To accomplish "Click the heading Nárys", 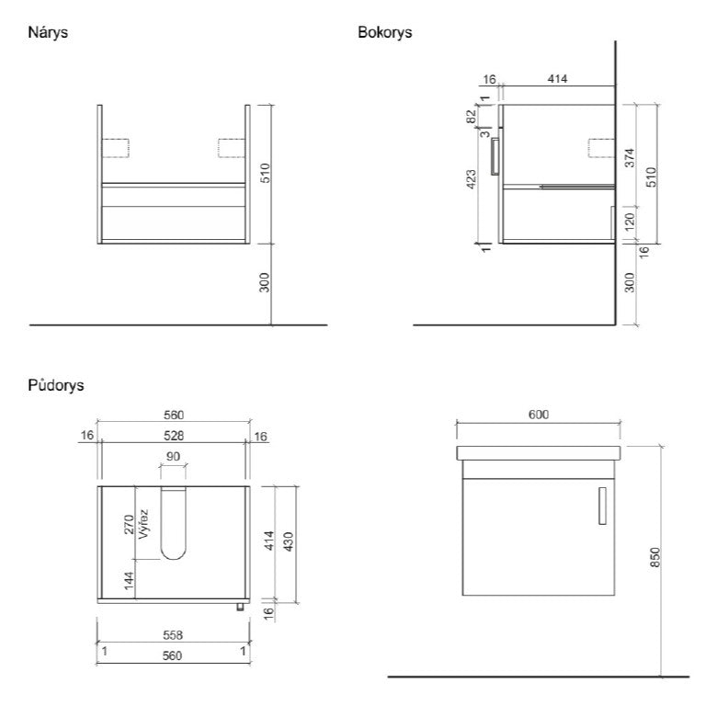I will (x=49, y=32).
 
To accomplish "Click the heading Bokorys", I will (x=383, y=32).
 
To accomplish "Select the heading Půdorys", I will (x=56, y=385).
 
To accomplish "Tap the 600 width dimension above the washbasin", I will (x=539, y=415).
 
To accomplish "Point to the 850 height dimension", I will (x=655, y=558).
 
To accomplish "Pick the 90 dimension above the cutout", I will (x=173, y=456).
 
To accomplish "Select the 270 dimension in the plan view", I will (x=130, y=524).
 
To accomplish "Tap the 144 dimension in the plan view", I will (x=130, y=581).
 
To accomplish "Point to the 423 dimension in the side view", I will (x=472, y=178).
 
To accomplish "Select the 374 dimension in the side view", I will (x=630, y=157).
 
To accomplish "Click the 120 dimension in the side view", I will (x=630, y=222).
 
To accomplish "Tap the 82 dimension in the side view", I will (x=472, y=117).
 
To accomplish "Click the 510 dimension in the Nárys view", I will (x=266, y=173).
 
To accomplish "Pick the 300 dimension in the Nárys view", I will (x=266, y=283).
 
